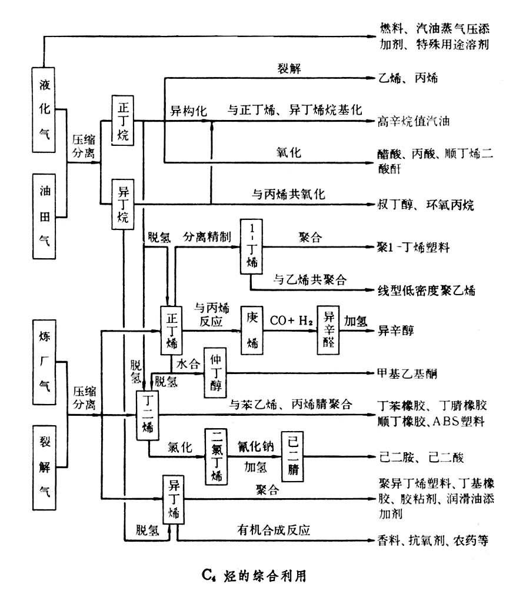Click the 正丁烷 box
(x=124, y=121)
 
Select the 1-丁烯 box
(x=252, y=246)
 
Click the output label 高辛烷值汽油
(x=414, y=122)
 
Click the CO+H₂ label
(x=291, y=321)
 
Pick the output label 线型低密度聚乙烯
(x=427, y=290)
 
